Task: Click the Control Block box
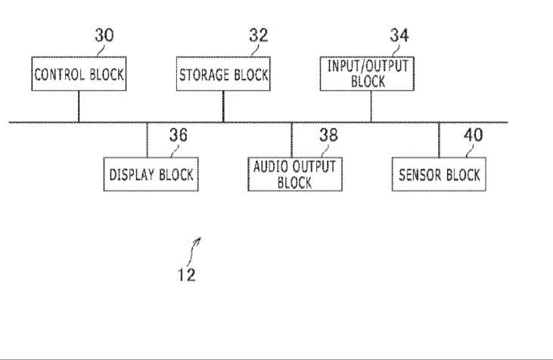[79, 73]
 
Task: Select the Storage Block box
[223, 73]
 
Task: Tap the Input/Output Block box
[367, 73]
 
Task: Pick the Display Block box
[151, 174]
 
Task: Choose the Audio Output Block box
[295, 174]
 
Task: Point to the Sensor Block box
[439, 174]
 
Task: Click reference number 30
[104, 36]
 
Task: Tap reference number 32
[259, 36]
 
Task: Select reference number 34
[399, 36]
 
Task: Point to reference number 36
[178, 135]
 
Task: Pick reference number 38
[328, 135]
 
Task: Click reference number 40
[473, 135]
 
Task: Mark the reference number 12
[187, 275]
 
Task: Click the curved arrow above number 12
[193, 251]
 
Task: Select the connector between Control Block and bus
[79, 107]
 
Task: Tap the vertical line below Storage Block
[223, 107]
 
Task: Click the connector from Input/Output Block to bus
[371, 107]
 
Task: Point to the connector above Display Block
[147, 140]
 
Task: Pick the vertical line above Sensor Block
[439, 140]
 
